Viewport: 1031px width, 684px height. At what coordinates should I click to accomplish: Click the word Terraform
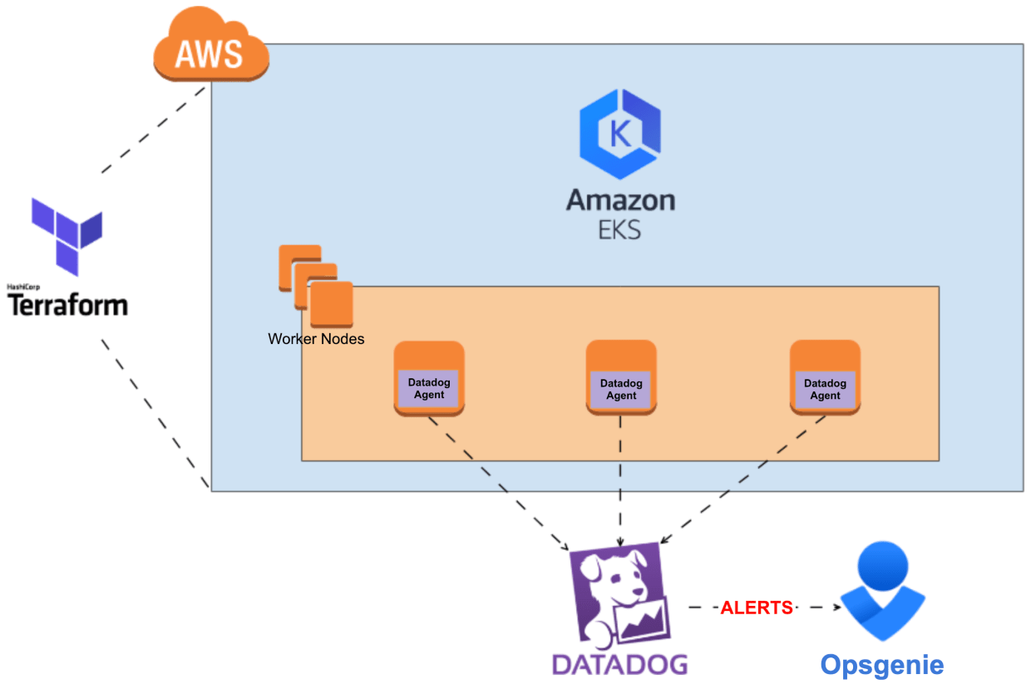[x=67, y=304]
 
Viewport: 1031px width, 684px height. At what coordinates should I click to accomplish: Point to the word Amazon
[x=620, y=200]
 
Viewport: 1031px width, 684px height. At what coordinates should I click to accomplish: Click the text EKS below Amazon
[x=620, y=229]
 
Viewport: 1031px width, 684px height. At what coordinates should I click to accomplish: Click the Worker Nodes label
[x=316, y=339]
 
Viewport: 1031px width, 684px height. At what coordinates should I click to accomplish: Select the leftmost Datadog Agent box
[x=429, y=388]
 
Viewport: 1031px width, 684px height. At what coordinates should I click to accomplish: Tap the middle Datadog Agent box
[x=621, y=389]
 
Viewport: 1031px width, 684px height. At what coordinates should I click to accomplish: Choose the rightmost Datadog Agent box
[x=825, y=389]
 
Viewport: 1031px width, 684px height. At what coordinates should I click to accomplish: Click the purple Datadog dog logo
[x=619, y=594]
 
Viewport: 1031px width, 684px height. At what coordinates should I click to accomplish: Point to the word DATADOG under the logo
[x=620, y=664]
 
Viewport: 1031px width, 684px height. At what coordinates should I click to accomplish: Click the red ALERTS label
[x=756, y=608]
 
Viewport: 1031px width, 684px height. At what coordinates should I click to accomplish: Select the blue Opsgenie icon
[x=882, y=591]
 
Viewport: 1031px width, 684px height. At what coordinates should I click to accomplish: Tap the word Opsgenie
[x=882, y=665]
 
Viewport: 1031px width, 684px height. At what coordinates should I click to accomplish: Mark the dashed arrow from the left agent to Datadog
[x=498, y=483]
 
